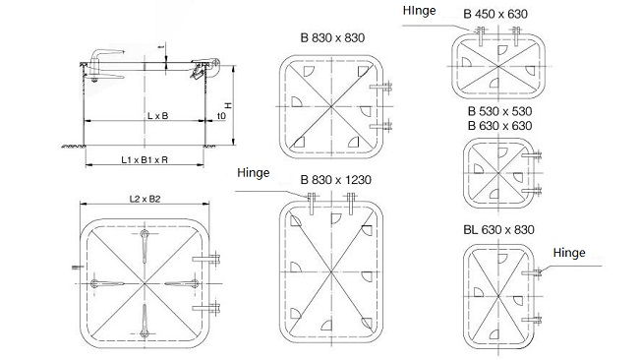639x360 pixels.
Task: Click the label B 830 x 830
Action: [x=327, y=38]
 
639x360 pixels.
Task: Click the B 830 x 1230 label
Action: [x=336, y=181]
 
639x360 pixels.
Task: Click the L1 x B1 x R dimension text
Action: [x=145, y=157]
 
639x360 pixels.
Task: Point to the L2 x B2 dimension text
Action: [x=145, y=199]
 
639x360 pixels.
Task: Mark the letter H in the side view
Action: [x=228, y=105]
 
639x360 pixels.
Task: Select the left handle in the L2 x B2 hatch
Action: [x=106, y=285]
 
